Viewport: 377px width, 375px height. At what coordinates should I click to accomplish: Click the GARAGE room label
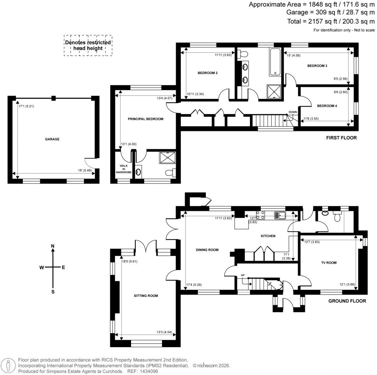52,139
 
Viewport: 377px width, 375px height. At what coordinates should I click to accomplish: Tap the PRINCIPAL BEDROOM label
145,119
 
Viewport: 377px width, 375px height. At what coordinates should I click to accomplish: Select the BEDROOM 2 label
208,73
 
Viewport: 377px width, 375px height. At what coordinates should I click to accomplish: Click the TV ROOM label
329,263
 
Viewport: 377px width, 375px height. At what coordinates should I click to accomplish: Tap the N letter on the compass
53,246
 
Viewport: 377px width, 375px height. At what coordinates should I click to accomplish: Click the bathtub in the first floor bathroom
275,61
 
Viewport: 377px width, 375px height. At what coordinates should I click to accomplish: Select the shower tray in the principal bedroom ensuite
168,157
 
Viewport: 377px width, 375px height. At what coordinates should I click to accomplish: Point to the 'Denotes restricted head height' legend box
88,45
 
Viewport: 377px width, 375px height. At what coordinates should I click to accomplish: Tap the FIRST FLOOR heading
341,138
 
